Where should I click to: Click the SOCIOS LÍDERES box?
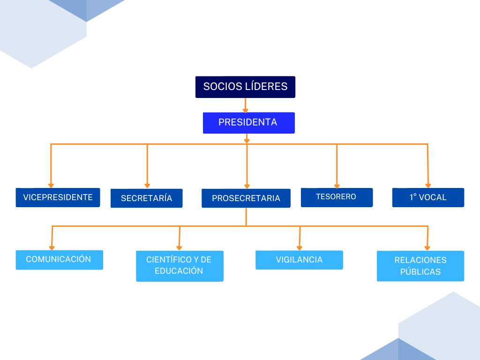click(x=245, y=87)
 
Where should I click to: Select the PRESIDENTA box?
click(x=248, y=123)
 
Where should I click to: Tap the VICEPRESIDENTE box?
click(x=58, y=197)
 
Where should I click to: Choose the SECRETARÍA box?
click(x=146, y=198)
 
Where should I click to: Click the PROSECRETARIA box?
click(x=246, y=198)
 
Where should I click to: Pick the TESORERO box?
click(x=337, y=197)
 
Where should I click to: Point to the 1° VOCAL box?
click(x=428, y=197)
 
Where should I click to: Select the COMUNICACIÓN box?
click(x=59, y=260)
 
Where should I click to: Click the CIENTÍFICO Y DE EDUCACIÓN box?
click(x=180, y=266)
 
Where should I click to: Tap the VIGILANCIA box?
click(x=299, y=260)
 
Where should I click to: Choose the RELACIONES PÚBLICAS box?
click(x=420, y=266)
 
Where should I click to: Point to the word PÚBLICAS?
click(x=420, y=272)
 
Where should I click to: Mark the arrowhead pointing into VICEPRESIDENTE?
click(x=51, y=186)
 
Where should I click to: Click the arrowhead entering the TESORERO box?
click(x=337, y=186)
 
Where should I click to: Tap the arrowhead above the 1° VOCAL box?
click(x=427, y=186)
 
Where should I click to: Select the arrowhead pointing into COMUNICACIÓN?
click(x=52, y=247)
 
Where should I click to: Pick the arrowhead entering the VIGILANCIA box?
click(x=299, y=248)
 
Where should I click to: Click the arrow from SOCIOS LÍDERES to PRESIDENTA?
click(x=245, y=105)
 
